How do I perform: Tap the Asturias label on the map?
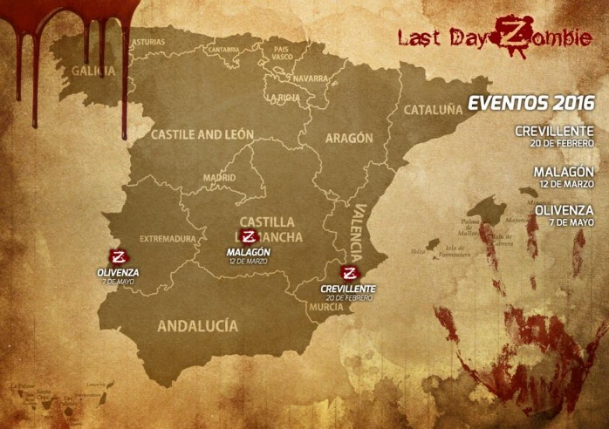(147, 42)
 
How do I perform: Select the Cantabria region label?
(224, 50)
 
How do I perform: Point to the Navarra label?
(311, 78)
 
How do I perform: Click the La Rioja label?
(284, 98)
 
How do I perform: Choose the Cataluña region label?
(433, 111)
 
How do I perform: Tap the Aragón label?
(349, 138)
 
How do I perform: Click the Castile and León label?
(202, 135)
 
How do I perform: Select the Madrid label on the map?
(220, 178)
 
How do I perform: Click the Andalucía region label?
(197, 325)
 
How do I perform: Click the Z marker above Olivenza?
(120, 257)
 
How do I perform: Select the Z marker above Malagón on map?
(250, 237)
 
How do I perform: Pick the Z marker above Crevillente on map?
(351, 272)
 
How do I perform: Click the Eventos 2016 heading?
(531, 103)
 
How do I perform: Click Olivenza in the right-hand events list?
(565, 210)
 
